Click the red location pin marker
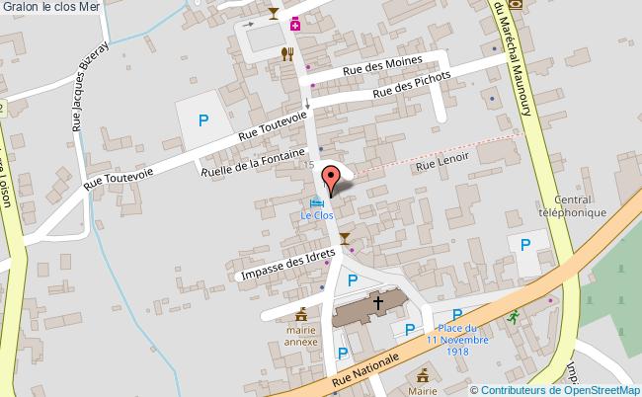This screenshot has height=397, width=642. point(331,180)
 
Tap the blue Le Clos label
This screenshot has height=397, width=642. point(317,213)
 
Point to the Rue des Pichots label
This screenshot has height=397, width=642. point(412,87)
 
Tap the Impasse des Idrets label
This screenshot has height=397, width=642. point(287,263)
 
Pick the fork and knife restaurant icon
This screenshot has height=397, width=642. point(287,53)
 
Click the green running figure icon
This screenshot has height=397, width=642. point(513,317)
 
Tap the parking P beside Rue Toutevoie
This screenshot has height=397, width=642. point(203,121)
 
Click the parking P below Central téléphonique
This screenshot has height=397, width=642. point(525,243)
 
